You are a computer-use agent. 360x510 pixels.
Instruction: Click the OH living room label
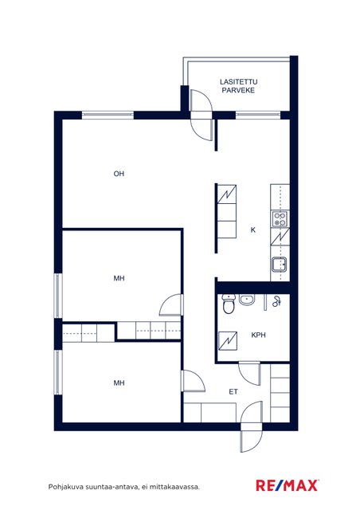pyautogui.click(x=119, y=174)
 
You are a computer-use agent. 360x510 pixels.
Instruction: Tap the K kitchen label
pyautogui.click(x=253, y=230)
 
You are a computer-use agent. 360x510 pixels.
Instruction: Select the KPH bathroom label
pyautogui.click(x=258, y=335)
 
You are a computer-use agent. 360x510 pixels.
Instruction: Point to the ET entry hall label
pyautogui.click(x=233, y=391)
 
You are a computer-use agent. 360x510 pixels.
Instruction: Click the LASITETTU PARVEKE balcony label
pyautogui.click(x=238, y=86)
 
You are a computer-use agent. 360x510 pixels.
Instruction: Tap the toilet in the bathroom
pyautogui.click(x=229, y=304)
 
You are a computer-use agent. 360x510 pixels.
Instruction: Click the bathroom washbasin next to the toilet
pyautogui.click(x=247, y=300)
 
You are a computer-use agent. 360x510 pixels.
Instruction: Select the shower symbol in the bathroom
pyautogui.click(x=276, y=301)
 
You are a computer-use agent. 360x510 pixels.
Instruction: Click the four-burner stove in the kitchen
pyautogui.click(x=280, y=218)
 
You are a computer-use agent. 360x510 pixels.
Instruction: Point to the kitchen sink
pyautogui.click(x=280, y=265)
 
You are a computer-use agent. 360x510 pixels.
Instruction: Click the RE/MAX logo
pyautogui.click(x=287, y=485)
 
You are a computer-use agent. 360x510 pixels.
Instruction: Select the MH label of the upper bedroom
pyautogui.click(x=119, y=278)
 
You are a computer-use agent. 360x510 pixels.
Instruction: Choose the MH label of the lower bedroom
pyautogui.click(x=119, y=383)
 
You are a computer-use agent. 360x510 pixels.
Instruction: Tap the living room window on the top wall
pyautogui.click(x=108, y=115)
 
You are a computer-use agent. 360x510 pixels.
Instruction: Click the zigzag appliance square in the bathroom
pyautogui.click(x=228, y=341)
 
